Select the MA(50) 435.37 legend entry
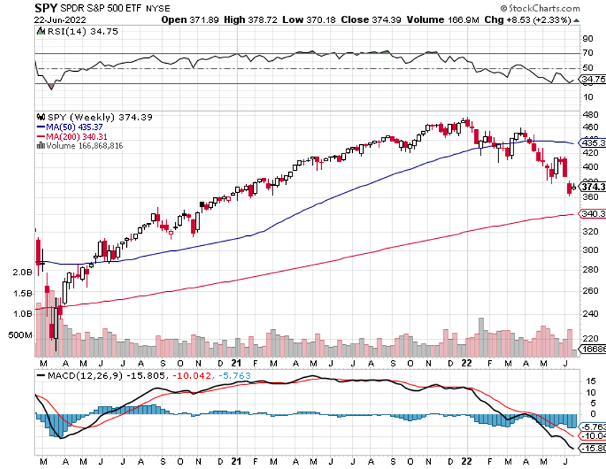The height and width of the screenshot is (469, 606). click(75, 127)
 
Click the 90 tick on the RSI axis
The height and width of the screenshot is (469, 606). click(586, 38)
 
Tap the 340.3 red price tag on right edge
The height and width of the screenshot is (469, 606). click(592, 214)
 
